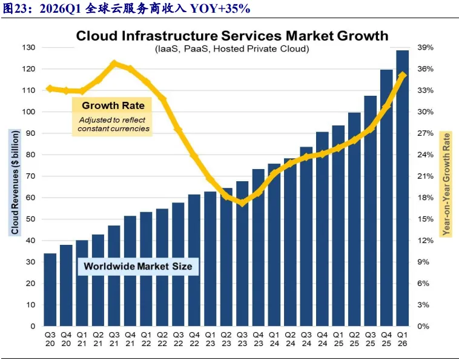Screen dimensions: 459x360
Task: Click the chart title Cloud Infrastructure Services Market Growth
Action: click(232, 36)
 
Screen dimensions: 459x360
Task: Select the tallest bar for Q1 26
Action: click(403, 188)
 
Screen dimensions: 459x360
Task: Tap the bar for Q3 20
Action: click(50, 290)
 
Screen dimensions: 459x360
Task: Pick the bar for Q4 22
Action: click(194, 260)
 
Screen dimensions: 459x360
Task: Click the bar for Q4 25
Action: click(386, 198)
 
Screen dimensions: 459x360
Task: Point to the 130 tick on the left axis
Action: click(28, 47)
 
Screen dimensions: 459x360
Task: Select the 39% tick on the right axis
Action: click(425, 47)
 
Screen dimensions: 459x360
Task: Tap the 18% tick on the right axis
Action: click(425, 198)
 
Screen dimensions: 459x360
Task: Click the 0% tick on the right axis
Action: click(423, 326)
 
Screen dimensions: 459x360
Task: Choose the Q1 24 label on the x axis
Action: click(274, 339)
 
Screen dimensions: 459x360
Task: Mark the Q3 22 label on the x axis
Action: click(178, 339)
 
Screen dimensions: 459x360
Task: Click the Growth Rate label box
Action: click(112, 116)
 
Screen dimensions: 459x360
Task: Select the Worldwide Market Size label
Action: click(138, 266)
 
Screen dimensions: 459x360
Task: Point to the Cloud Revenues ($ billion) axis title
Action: click(15, 182)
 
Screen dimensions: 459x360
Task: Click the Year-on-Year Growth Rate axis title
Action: click(446, 184)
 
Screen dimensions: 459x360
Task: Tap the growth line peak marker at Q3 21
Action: click(114, 64)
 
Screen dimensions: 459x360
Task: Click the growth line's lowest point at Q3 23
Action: click(242, 202)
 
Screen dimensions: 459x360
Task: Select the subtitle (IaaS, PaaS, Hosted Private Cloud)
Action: click(232, 48)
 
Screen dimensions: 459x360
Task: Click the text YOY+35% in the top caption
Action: click(220, 8)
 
